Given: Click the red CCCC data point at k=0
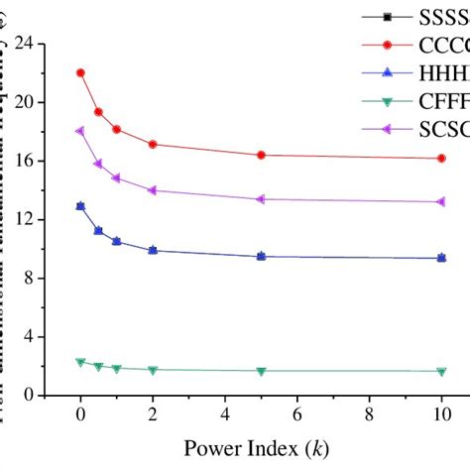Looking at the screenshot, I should click(x=80, y=72).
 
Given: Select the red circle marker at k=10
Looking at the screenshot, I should click(x=441, y=158).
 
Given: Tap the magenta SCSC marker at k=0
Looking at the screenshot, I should click(x=80, y=131).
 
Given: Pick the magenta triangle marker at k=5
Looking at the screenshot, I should click(x=261, y=198).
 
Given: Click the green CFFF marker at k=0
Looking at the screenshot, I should click(x=80, y=362).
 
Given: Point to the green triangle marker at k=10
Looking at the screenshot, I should click(x=441, y=371).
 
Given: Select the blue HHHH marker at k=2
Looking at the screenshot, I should click(x=153, y=250).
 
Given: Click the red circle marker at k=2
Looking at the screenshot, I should click(x=153, y=144).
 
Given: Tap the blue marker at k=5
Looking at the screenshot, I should click(x=261, y=256).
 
